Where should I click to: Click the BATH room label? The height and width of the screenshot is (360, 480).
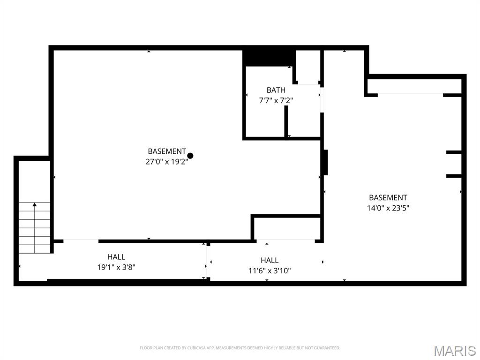point(276,90)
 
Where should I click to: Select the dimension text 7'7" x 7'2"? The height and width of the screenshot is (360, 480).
point(276,100)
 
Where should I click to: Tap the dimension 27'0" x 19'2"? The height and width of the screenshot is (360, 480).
point(167,162)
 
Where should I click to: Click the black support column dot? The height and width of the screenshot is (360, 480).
point(190,156)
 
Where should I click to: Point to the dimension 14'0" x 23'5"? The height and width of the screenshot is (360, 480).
point(388,208)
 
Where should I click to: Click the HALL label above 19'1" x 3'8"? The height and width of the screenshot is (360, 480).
point(116,257)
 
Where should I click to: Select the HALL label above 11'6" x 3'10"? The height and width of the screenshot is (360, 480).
point(270,260)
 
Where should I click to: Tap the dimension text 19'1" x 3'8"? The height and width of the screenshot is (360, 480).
point(116,267)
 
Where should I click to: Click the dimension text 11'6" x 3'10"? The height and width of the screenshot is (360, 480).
point(270,270)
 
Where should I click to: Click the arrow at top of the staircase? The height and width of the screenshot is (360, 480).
point(34,204)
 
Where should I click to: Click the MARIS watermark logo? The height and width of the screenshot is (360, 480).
point(454,351)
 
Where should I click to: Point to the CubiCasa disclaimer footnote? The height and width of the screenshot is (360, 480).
point(240,348)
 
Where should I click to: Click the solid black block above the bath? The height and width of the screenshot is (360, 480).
point(269,58)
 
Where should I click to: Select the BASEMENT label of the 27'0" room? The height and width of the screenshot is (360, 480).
point(167,151)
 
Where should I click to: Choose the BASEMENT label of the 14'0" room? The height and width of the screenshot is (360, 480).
point(388,198)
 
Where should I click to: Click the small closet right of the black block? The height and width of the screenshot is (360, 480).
point(308,67)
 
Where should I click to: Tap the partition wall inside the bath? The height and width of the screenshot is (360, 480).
point(285,122)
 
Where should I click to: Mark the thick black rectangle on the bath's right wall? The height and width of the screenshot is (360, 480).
point(325,162)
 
